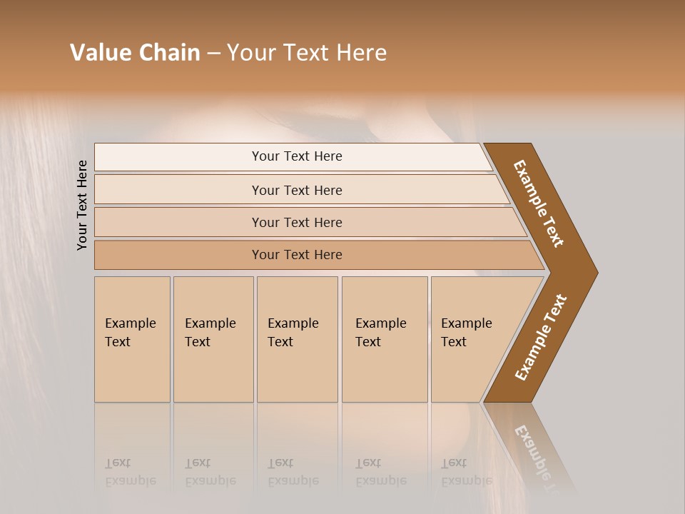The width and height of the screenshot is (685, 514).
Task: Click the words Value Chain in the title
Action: point(135,53)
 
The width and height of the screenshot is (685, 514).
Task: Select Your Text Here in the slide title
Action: point(307,53)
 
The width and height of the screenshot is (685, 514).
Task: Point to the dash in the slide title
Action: point(213,54)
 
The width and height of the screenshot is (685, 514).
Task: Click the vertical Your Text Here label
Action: point(82,205)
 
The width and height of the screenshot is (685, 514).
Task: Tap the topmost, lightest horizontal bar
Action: point(296,156)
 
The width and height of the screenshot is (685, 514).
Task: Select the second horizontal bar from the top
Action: point(296,190)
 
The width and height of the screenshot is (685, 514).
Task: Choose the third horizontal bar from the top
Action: point(296,222)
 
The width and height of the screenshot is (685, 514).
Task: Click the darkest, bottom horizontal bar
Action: point(296,255)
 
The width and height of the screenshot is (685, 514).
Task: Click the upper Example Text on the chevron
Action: point(539,203)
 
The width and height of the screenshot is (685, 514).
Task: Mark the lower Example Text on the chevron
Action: point(541,337)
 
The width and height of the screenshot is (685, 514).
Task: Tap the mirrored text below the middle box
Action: point(293,472)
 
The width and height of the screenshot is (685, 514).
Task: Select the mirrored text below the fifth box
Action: point(466,472)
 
